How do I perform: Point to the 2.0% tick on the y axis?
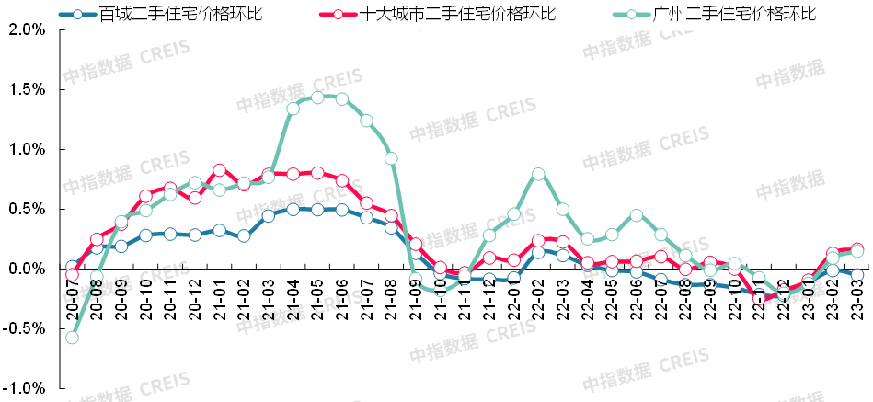pyautogui.click(x=27, y=29)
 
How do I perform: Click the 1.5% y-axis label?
pyautogui.click(x=27, y=89)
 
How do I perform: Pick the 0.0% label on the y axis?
pyautogui.click(x=27, y=269)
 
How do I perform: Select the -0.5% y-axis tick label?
pyautogui.click(x=25, y=328)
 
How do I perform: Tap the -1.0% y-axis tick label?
pyautogui.click(x=25, y=388)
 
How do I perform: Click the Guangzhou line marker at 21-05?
pyautogui.click(x=317, y=98)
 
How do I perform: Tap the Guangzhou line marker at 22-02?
pyautogui.click(x=538, y=174)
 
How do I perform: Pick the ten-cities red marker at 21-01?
pyautogui.click(x=220, y=170)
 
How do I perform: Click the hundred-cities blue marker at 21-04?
pyautogui.click(x=293, y=209)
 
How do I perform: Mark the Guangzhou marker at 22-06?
pyautogui.click(x=637, y=215)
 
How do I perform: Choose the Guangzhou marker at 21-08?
pyautogui.click(x=391, y=158)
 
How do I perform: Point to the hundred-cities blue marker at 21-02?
pyautogui.click(x=244, y=236)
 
